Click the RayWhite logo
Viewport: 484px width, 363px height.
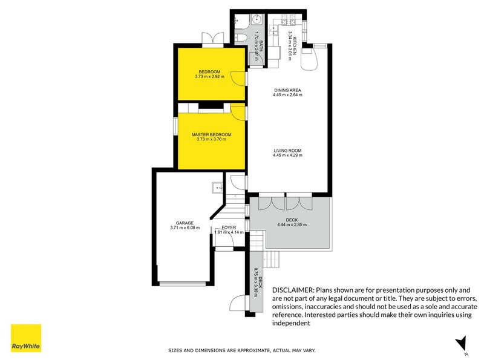click(x=26, y=338)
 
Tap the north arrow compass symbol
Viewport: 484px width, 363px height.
click(x=462, y=344)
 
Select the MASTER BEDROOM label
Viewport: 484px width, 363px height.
click(x=211, y=134)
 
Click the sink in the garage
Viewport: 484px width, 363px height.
click(x=217, y=187)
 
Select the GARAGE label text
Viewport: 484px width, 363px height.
click(x=185, y=223)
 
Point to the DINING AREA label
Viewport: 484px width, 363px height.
click(x=287, y=90)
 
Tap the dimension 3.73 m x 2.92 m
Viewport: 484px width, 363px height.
click(x=209, y=77)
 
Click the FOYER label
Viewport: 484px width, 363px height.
click(x=228, y=227)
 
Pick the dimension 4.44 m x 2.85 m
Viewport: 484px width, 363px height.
click(x=292, y=225)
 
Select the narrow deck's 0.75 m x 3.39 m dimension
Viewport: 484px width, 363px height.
click(x=257, y=282)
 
